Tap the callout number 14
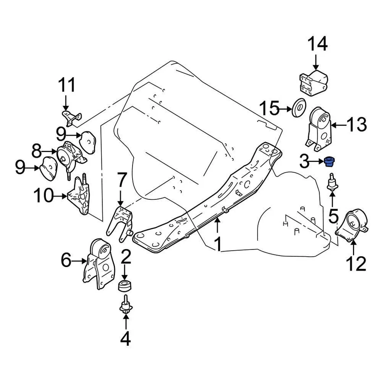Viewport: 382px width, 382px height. [317, 44]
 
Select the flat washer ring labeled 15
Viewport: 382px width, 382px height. [298, 108]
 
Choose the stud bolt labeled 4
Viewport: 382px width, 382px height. [125, 306]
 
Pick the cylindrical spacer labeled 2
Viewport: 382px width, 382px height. [125, 286]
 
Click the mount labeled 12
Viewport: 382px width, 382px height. [352, 227]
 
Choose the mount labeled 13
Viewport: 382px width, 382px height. [320, 129]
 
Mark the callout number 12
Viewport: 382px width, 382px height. [355, 263]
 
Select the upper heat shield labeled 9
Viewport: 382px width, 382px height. [88, 142]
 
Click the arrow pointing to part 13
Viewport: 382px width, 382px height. [339, 125]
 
